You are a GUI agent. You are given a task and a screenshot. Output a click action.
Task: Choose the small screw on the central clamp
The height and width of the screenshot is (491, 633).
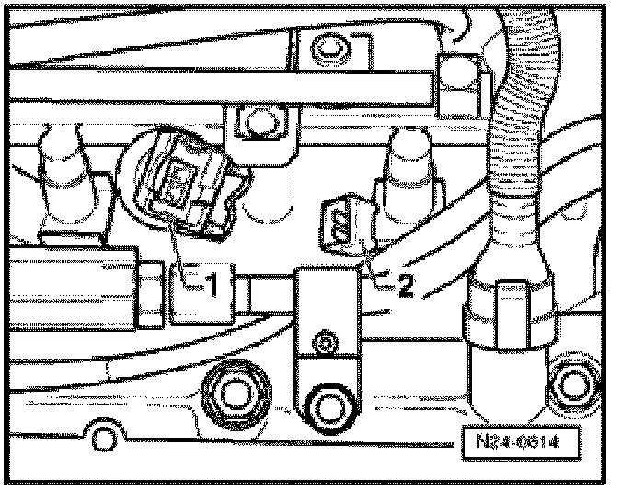(x=323, y=344)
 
